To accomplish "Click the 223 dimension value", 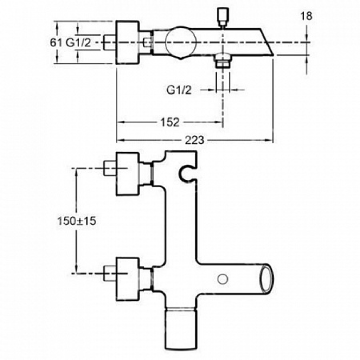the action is pyautogui.click(x=195, y=140).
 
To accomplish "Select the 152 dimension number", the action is pyautogui.click(x=170, y=122).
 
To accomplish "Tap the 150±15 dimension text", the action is pyautogui.click(x=76, y=221).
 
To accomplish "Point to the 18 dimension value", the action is pyautogui.click(x=306, y=16).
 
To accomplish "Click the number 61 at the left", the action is pyautogui.click(x=56, y=43).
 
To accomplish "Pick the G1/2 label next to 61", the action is pyautogui.click(x=78, y=43).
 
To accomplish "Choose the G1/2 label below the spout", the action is pyautogui.click(x=179, y=90).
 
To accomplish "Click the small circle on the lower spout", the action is pyautogui.click(x=223, y=279).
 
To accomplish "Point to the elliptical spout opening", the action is pyautogui.click(x=266, y=279).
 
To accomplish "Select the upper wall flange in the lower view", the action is pyautogui.click(x=127, y=174).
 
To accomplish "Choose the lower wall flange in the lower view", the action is pyautogui.click(x=127, y=279).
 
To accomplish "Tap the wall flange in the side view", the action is pyautogui.click(x=127, y=43).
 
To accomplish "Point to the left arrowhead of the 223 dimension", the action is pyautogui.click(x=121, y=140).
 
